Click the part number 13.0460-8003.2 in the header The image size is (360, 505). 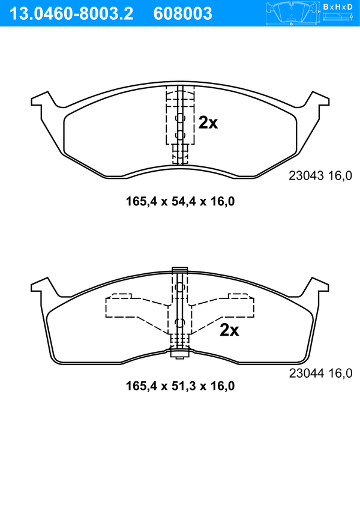pos(71,14)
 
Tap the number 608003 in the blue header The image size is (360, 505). pos(183,14)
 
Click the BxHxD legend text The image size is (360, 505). pos(338,7)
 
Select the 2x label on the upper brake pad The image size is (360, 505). pos(208,122)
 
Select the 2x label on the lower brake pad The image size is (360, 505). pos(229,330)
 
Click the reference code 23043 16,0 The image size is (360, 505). pos(320,176)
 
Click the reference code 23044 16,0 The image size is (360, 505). pos(321,373)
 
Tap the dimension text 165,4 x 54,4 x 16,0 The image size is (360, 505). pos(180,202)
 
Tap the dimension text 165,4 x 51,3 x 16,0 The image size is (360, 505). pos(180,386)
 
